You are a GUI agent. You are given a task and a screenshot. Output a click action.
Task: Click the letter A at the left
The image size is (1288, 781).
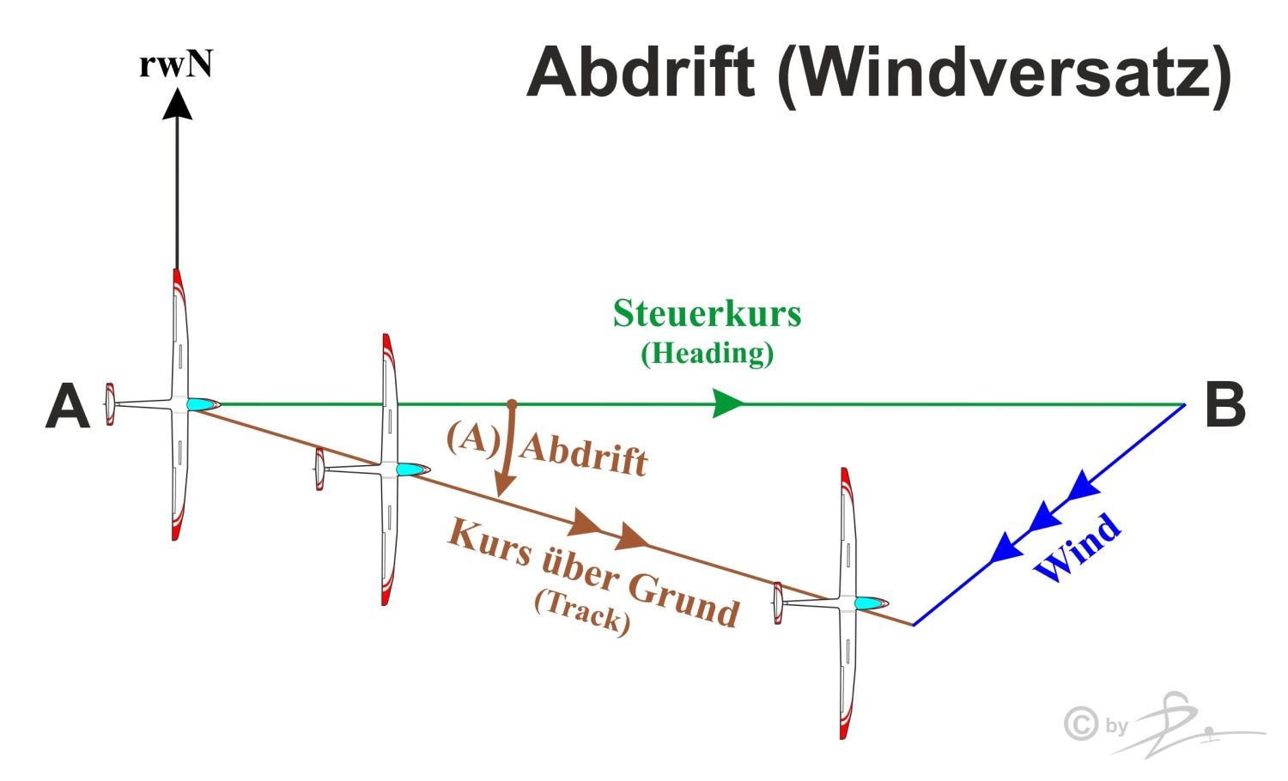(x=68, y=406)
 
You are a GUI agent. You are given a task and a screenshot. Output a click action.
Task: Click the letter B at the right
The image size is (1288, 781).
(x=1225, y=405)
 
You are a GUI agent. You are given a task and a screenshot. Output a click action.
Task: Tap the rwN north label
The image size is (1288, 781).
(x=176, y=64)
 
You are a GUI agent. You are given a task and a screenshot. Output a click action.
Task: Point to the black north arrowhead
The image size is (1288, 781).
(x=178, y=104)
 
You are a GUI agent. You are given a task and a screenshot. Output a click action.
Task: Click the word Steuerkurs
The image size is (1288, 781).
(x=707, y=313)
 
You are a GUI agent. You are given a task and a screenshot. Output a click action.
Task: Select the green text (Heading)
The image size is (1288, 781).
(x=707, y=353)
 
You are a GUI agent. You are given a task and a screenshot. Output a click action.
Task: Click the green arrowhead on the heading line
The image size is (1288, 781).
(x=728, y=403)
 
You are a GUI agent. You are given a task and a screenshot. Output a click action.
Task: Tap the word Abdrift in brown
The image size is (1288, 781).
(x=584, y=453)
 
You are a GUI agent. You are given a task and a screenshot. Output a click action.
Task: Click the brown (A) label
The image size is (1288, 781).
(x=473, y=438)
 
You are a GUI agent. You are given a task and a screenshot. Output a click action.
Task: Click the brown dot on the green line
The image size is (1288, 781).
(x=512, y=403)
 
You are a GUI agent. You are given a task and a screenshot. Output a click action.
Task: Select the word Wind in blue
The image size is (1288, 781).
(x=1078, y=547)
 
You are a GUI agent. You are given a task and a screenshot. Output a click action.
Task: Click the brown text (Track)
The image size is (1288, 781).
(x=582, y=610)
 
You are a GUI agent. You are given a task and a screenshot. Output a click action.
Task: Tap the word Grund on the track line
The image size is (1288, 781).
(x=683, y=598)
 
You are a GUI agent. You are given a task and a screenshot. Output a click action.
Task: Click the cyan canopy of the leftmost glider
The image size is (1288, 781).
(x=201, y=404)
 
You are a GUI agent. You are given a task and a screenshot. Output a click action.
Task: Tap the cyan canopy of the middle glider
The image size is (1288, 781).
(x=411, y=469)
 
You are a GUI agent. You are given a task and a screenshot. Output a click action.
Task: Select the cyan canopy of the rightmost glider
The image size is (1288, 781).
(x=869, y=603)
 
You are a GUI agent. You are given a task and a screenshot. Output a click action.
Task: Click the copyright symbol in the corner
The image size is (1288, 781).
(x=1081, y=723)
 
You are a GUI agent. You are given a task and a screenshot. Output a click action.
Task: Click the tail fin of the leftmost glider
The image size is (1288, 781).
(x=110, y=404)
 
